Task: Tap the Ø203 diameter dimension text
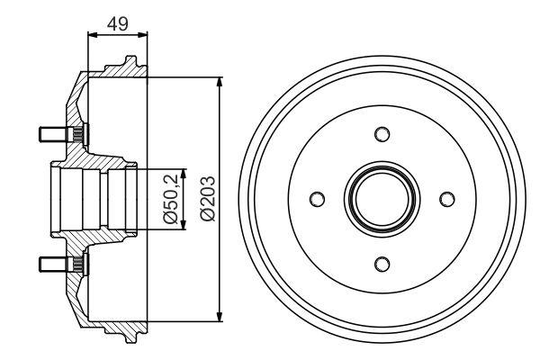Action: (206, 199)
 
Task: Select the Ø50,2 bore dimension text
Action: (168, 199)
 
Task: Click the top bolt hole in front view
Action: (382, 135)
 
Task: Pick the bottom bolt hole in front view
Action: (382, 263)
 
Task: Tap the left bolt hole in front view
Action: (318, 199)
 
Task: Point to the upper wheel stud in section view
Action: (56, 135)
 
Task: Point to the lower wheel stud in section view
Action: (56, 263)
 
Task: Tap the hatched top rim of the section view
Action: (117, 70)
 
